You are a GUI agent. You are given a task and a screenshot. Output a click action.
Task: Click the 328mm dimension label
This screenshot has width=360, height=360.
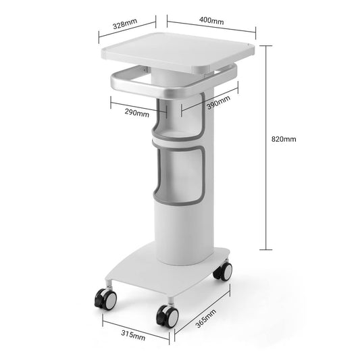125,24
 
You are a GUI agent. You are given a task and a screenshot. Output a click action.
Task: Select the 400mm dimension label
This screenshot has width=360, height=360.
211,21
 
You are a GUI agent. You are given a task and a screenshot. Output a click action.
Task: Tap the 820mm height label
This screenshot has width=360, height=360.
284,139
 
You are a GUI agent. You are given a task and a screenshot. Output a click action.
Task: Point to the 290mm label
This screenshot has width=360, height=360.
137,113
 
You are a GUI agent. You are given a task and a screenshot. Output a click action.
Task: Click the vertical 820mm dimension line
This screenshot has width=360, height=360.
269,149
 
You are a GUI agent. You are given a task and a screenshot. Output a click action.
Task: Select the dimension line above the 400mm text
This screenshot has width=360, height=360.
211,30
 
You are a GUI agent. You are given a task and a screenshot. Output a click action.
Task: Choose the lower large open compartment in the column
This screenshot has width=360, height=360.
181,177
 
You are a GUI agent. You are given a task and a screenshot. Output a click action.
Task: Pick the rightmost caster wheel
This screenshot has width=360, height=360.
222,272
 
